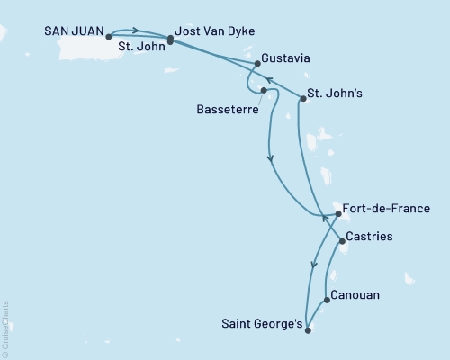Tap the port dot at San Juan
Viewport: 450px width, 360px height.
click(108, 37)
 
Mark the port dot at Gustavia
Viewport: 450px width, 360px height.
click(258, 64)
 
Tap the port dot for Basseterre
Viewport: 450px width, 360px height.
click(263, 90)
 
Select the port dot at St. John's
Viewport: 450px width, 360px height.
click(302, 99)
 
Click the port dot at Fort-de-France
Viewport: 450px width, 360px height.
click(337, 214)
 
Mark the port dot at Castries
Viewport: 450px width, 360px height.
click(341, 241)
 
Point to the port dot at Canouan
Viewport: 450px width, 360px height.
click(326, 300)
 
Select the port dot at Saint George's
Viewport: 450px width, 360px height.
click(308, 329)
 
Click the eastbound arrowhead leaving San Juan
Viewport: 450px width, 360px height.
click(134, 30)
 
